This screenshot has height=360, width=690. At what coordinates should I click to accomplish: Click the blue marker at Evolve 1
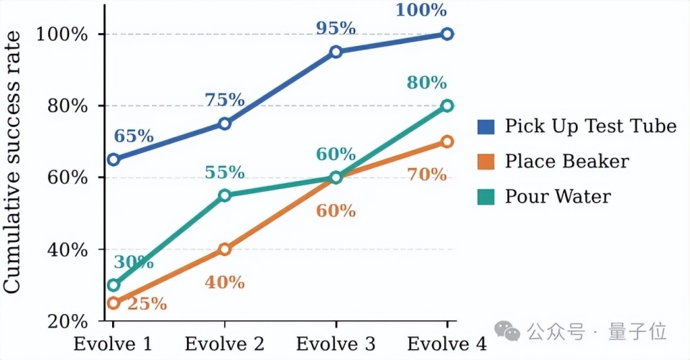coord(114,160)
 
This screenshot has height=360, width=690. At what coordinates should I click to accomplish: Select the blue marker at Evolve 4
coord(447,34)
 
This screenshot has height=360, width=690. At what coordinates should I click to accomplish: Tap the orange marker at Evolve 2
coord(225,249)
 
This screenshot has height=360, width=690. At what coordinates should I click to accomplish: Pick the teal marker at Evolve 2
coord(225,195)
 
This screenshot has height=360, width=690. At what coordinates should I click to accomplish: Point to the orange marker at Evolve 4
coord(447,142)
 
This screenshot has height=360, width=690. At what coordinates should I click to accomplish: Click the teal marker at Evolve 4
coord(447,106)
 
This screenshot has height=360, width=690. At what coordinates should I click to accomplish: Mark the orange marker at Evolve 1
coord(114,303)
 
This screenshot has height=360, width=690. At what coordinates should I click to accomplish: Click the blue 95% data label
coord(336,29)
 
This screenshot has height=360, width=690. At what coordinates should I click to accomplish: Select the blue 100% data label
coord(421,10)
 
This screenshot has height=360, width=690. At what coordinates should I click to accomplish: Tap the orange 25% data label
coord(147,304)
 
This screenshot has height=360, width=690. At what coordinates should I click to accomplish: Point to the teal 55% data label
coord(224,172)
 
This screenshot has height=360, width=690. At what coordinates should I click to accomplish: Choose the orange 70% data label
coord(426,175)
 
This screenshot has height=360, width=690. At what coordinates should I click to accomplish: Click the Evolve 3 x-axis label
coord(336,344)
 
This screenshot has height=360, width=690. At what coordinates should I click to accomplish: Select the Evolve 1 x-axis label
coord(113,344)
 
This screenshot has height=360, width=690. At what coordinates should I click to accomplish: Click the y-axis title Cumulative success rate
coord(12,162)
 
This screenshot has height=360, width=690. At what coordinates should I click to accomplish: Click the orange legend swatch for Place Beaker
coord(486,162)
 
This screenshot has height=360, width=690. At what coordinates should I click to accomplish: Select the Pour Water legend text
coord(558,196)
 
